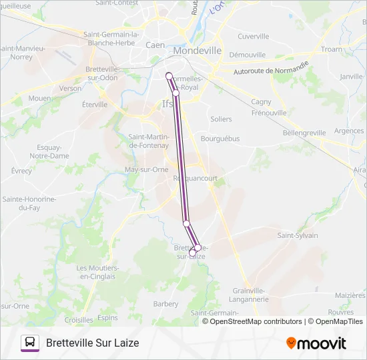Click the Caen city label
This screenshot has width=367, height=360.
click(155, 45)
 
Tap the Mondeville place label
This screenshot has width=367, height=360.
click(197, 51)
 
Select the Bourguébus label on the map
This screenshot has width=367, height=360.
click(220, 139)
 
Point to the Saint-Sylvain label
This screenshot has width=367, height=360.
click(298, 235)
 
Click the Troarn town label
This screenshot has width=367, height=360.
click(331, 49)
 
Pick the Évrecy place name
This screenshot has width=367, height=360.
click(21, 171)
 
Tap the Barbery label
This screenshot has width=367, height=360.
click(165, 304)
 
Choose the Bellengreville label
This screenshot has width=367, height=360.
click(304, 133)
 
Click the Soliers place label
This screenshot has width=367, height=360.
click(221, 119)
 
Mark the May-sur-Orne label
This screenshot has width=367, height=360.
click(146, 169)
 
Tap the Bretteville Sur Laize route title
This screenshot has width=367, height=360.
click(93, 343)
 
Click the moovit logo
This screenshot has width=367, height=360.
click(316, 343)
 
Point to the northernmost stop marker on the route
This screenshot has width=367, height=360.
click(169, 75)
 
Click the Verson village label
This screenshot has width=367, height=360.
click(70, 88)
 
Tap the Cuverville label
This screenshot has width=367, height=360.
click(253, 37)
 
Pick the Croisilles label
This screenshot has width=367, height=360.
click(79, 320)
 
